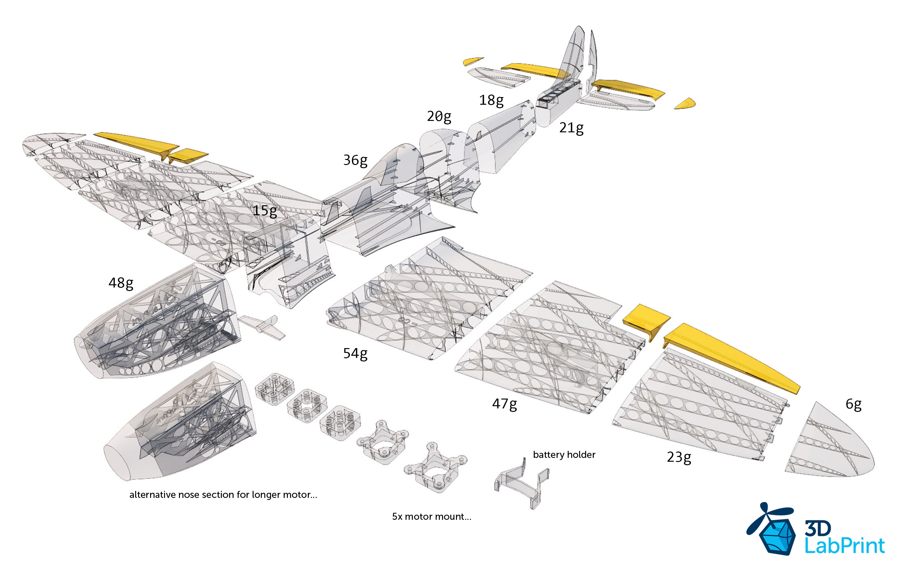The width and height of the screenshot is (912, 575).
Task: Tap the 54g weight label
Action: click(x=355, y=354)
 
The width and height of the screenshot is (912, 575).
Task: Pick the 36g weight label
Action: click(x=355, y=160)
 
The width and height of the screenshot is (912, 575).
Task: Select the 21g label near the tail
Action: click(x=571, y=128)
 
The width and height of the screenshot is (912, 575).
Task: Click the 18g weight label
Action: click(x=491, y=100)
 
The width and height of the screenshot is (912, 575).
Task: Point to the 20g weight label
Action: click(x=439, y=116)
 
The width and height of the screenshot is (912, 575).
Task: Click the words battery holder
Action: click(x=564, y=454)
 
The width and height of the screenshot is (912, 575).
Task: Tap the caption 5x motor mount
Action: click(x=431, y=517)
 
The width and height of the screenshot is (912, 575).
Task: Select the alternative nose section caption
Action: click(x=223, y=495)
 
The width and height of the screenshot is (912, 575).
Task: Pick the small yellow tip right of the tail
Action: click(x=685, y=104)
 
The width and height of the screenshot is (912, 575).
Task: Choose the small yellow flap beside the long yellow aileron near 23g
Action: click(x=646, y=318)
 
